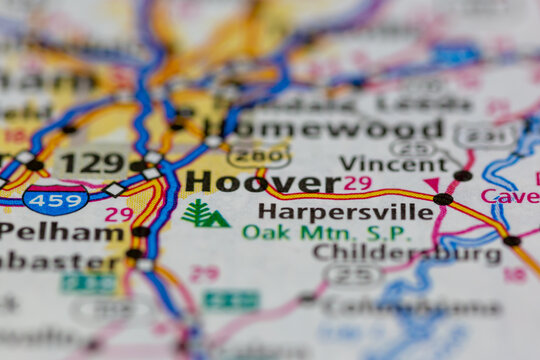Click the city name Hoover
pos(263,182)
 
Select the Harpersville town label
pos(345,211)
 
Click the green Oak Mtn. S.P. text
pos(326,232)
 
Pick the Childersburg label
pos(407,254)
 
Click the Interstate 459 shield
pos(56,200)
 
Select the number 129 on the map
pos(91,161)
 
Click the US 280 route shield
pos(258,155)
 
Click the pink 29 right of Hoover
pos(357,183)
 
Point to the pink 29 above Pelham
pos(118,214)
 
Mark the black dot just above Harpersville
pos(443,199)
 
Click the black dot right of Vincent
pos(462,176)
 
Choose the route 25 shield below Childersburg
pos(352,275)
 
